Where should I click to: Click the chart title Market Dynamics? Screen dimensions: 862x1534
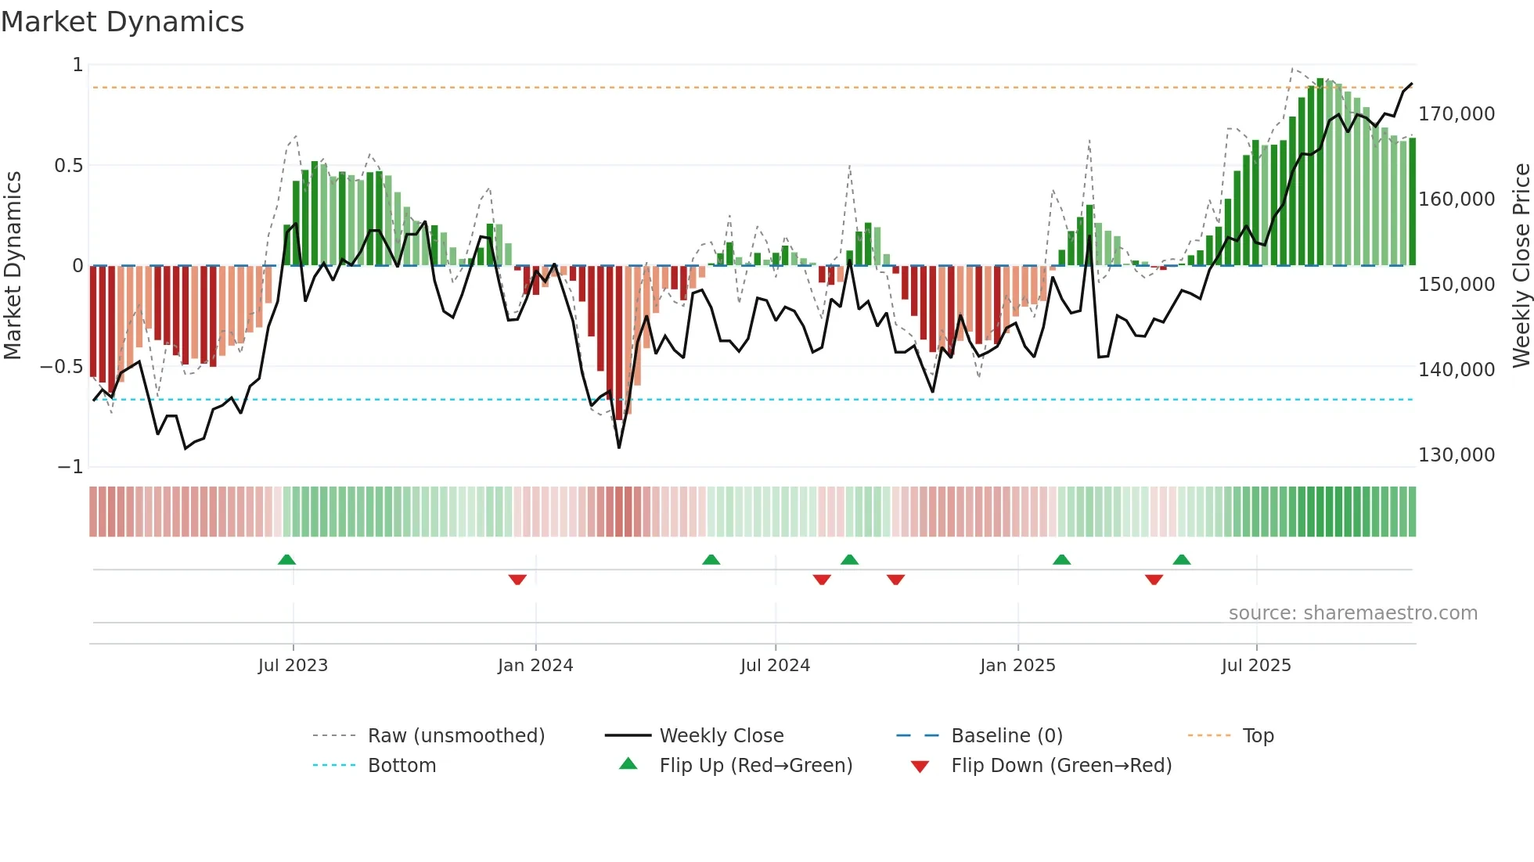[123, 22]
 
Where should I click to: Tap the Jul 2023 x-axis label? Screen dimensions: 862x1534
[293, 666]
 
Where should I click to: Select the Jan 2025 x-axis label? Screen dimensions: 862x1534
[1017, 666]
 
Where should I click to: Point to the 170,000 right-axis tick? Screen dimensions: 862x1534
[1457, 114]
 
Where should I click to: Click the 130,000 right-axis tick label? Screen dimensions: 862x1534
[1457, 455]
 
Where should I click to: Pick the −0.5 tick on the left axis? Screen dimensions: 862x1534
[61, 367]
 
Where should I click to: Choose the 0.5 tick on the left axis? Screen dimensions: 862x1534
[68, 166]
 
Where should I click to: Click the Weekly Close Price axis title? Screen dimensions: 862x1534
[1521, 265]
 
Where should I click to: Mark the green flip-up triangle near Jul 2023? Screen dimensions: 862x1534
[287, 560]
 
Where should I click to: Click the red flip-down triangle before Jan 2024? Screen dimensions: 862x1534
[517, 580]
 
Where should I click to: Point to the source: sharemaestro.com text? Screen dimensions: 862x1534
[1352, 613]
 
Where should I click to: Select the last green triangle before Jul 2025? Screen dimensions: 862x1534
[1182, 560]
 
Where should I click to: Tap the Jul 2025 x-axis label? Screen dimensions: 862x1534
[1256, 666]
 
